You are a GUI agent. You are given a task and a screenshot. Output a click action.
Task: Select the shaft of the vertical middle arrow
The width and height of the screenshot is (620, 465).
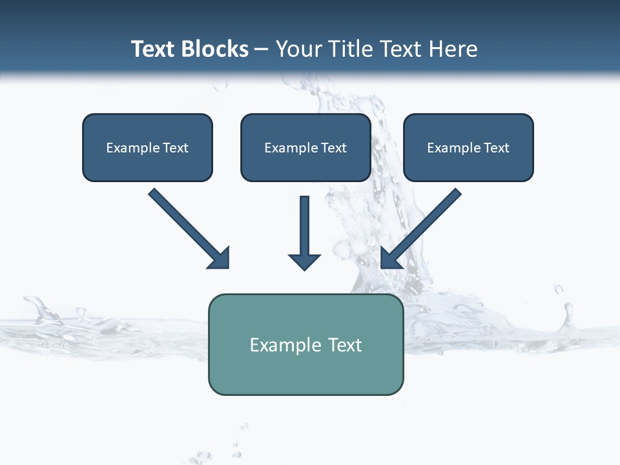[x=304, y=223]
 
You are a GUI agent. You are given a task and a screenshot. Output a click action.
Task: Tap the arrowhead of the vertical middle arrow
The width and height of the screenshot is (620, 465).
[x=304, y=261]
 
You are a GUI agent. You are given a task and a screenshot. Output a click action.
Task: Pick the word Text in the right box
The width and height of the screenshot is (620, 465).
[x=497, y=148]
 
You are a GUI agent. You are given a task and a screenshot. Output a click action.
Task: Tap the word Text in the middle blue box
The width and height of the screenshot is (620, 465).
[x=334, y=148]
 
